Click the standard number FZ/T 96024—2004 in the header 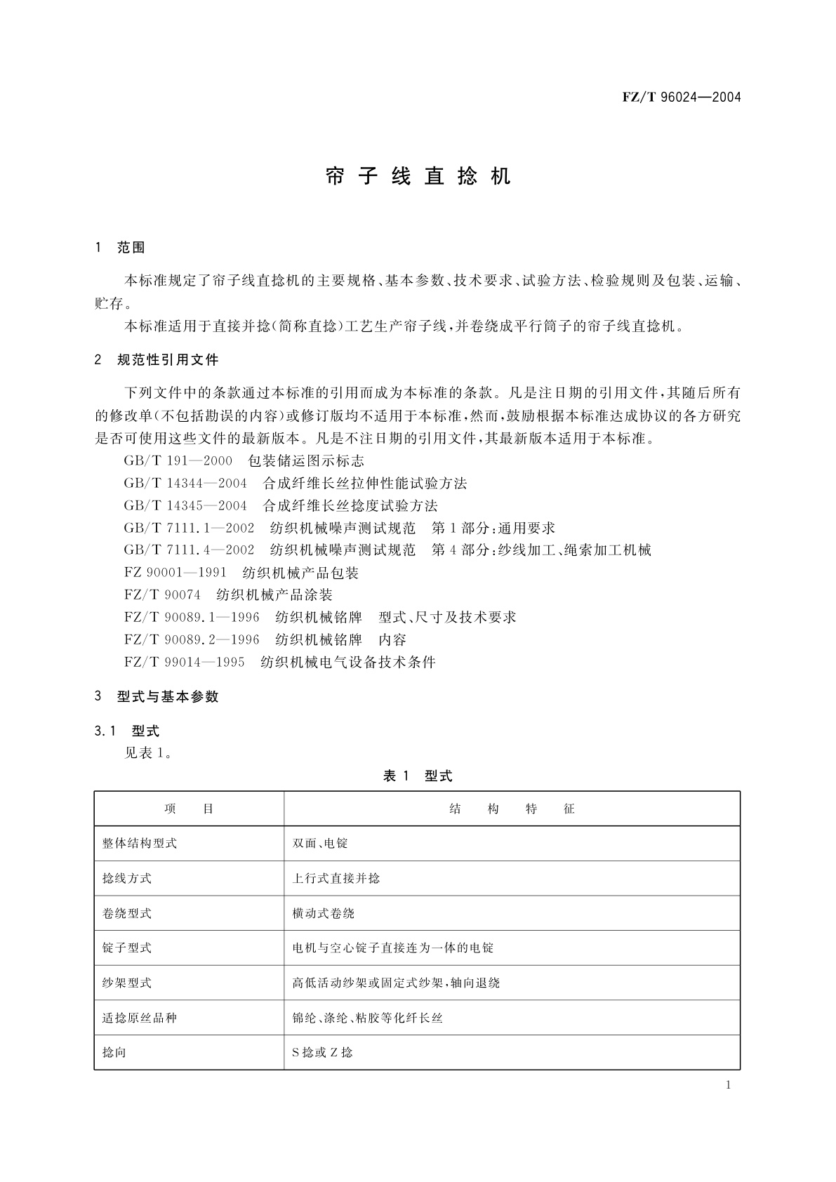tap(681, 97)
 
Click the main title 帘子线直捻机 tap(418, 177)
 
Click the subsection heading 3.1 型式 tap(127, 731)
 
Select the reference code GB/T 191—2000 tap(178, 461)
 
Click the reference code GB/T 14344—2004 tap(185, 484)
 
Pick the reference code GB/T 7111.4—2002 tap(189, 550)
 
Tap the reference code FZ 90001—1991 tap(175, 573)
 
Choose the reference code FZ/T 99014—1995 tap(184, 662)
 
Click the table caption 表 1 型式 tap(418, 776)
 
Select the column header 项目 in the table tap(189, 809)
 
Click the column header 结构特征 tap(512, 809)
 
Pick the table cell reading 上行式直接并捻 tap(336, 879)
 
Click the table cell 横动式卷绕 tap(324, 914)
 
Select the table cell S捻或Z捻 tap(323, 1053)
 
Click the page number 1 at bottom tap(728, 1086)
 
